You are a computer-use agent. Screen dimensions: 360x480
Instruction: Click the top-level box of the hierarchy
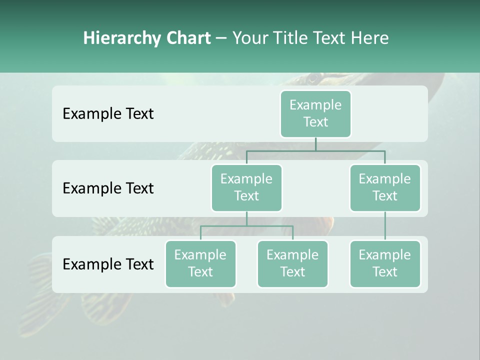[x=315, y=113]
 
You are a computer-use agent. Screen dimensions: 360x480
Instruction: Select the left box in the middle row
[x=246, y=187]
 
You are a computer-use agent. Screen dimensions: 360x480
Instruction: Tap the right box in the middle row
[x=385, y=187]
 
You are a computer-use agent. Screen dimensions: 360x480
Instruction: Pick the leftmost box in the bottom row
[x=200, y=263]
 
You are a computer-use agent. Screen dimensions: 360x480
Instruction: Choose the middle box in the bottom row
[x=292, y=263]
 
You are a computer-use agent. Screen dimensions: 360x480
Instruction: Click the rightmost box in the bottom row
[x=385, y=263]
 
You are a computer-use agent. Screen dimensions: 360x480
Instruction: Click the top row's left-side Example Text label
[x=108, y=114]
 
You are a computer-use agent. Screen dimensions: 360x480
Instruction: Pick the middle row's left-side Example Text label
[x=108, y=188]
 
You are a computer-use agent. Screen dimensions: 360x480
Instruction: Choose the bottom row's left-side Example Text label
[x=108, y=264]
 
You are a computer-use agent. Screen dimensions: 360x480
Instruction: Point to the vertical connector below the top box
[x=315, y=144]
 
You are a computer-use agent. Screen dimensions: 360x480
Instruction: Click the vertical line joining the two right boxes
[x=385, y=226]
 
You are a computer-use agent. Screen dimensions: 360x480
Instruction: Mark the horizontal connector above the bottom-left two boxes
[x=246, y=226]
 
